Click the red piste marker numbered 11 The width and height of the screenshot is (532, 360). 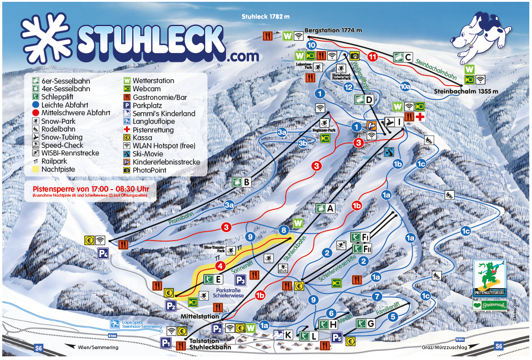tap(372, 57)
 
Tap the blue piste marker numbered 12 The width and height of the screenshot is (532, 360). tap(348, 87)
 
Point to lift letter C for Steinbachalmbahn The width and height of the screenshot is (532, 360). tap(408, 57)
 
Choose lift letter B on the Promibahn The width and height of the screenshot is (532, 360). tap(247, 182)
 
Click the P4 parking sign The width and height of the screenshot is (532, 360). tap(103, 253)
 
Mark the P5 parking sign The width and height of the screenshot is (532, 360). tap(336, 337)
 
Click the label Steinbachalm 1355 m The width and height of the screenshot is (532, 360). tap(466, 91)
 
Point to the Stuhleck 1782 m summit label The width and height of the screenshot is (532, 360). tap(265, 17)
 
